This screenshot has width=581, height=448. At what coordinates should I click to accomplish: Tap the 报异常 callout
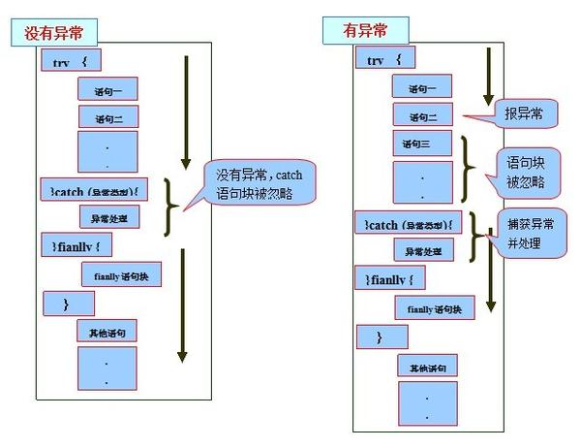(522, 114)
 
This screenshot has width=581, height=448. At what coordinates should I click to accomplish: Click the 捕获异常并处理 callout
(531, 232)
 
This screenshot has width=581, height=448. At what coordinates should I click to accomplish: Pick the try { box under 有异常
(386, 60)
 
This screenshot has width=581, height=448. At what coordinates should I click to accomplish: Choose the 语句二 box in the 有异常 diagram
(422, 116)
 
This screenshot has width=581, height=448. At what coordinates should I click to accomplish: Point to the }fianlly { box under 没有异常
(77, 246)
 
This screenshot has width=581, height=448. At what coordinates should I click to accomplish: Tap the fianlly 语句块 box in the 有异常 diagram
(434, 308)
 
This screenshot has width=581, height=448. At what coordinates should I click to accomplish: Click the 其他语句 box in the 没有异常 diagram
(107, 333)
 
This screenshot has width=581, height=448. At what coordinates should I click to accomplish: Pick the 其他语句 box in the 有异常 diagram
(426, 368)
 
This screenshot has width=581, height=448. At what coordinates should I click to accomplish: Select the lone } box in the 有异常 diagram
(381, 336)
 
